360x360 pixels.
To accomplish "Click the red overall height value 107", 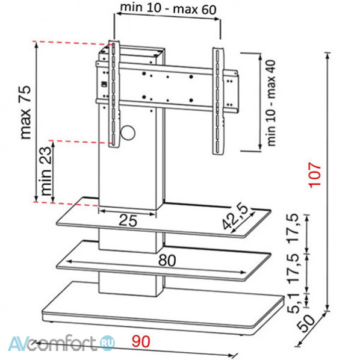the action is tap(315, 175).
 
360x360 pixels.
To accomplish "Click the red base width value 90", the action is tap(141, 341).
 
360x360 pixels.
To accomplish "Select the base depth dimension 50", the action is tap(306, 323).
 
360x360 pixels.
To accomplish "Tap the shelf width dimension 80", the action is tap(167, 260).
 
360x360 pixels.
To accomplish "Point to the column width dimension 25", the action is tap(128, 221).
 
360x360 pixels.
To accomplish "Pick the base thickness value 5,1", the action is tap(294, 303).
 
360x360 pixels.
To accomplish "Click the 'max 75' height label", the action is tap(25, 112).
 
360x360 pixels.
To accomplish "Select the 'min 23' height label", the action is tap(46, 171).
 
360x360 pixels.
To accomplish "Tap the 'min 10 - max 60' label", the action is tap(169, 8).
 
